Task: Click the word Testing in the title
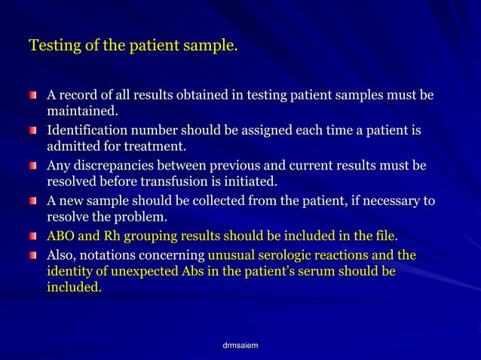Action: pos(54,47)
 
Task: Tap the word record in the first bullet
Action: pos(82,96)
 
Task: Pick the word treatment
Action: pos(155,147)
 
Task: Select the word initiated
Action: pos(250,182)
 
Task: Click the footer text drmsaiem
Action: pos(240,344)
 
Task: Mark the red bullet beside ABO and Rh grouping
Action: pos(33,236)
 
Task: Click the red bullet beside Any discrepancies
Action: pos(33,166)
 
